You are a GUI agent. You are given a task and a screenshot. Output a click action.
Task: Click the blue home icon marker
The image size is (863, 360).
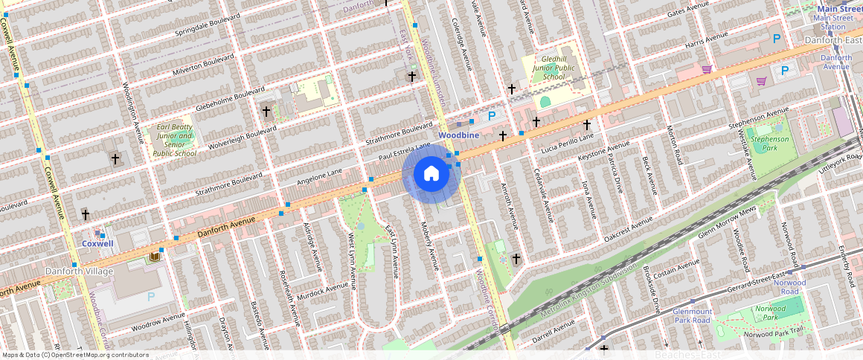click(431, 174)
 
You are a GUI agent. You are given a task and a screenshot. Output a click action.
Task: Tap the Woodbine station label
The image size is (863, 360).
click(458, 135)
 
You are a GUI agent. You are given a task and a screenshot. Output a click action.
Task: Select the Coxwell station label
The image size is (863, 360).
click(97, 243)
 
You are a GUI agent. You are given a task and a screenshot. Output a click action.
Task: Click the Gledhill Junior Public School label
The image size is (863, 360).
click(554, 67)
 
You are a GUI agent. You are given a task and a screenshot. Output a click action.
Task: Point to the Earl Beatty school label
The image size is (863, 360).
click(174, 140)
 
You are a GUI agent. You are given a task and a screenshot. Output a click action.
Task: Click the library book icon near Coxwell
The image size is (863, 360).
click(155, 257)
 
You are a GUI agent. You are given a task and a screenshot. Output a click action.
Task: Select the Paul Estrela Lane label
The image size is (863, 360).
click(405, 152)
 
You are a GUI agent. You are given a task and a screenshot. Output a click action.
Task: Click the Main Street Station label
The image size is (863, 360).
click(834, 18)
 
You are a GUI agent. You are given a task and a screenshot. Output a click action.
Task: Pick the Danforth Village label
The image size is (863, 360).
click(79, 271)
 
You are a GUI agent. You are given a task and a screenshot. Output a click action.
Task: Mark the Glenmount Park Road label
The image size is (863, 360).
click(692, 316)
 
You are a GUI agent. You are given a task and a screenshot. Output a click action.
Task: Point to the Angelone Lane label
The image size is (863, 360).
click(319, 176)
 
